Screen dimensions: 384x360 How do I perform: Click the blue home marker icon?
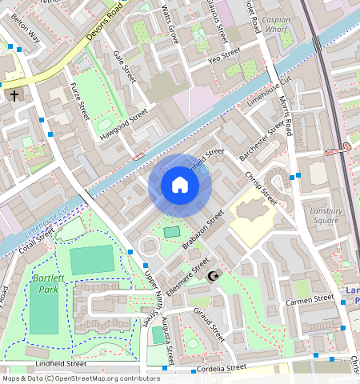[180, 186]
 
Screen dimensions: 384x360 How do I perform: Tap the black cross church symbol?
[14, 96]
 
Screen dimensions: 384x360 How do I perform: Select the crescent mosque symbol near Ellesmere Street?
[213, 276]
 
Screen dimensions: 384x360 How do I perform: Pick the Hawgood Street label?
[124, 126]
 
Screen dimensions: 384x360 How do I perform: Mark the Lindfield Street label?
[61, 363]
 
